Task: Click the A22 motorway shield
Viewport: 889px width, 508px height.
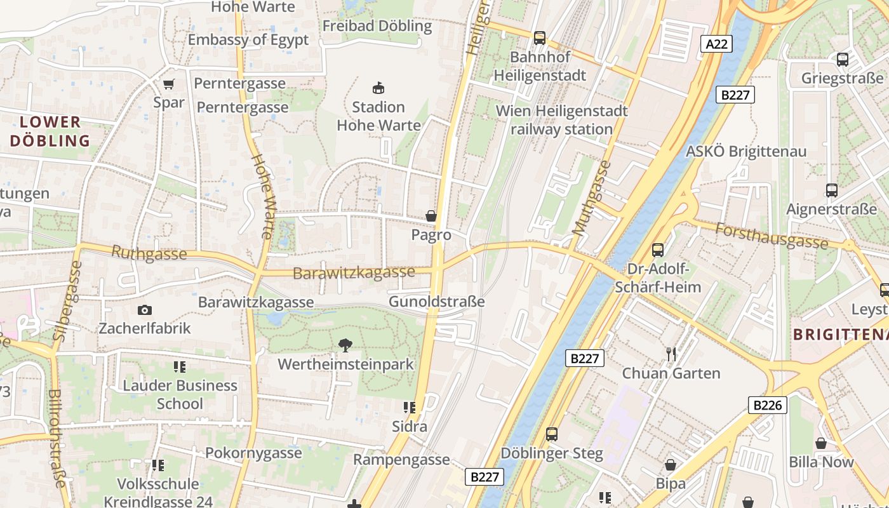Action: point(717,44)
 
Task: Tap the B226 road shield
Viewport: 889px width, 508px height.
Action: point(767,405)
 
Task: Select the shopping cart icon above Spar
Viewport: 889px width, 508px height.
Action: point(169,84)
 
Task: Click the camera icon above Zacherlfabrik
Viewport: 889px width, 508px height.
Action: point(145,310)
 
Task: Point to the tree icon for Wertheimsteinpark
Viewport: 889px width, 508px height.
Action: point(345,345)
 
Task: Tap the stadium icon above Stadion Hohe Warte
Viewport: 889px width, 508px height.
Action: point(378,88)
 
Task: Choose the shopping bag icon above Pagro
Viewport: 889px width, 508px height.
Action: point(431,217)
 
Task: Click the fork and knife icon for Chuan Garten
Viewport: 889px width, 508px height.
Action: point(671,354)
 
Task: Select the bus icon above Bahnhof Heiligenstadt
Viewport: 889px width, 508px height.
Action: point(539,38)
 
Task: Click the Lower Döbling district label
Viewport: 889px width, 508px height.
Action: point(50,131)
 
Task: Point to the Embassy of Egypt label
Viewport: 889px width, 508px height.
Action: point(248,39)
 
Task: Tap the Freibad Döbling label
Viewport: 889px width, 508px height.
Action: point(377,26)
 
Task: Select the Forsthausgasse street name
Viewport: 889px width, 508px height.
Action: point(772,236)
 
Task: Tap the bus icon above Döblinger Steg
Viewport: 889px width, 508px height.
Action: point(551,434)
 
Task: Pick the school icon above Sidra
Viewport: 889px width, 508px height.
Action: point(410,407)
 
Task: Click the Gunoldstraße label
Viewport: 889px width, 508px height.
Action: point(437,302)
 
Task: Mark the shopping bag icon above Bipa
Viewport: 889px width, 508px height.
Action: point(670,465)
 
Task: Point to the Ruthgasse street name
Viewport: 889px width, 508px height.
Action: point(149,254)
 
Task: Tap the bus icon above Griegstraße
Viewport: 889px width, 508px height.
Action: point(842,60)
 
